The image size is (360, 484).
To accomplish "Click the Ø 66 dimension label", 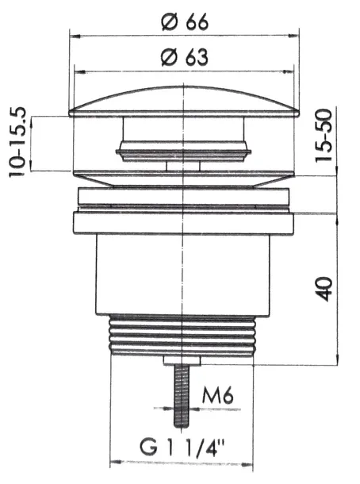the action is coord(185,22).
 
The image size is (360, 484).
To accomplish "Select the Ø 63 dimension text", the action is coord(185,57).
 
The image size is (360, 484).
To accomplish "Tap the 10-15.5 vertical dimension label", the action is coord(17,142).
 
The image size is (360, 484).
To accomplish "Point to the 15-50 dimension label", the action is coord(324,135).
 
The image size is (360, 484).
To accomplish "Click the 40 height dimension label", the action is coord(324,289).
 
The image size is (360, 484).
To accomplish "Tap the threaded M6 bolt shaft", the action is coord(182,396).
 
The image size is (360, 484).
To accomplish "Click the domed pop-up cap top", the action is coord(184,102).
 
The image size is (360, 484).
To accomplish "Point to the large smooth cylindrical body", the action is coord(183,275).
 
